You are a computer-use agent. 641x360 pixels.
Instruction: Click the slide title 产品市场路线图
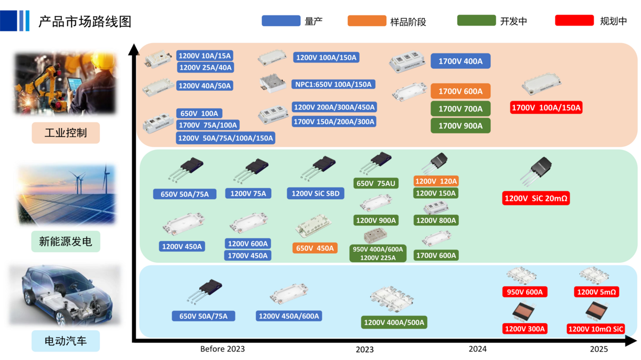tap(85, 21)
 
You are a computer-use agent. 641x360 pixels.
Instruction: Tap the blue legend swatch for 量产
tap(281, 21)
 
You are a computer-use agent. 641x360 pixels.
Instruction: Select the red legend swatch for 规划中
tap(574, 21)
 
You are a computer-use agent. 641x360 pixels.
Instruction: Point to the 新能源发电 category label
tap(66, 241)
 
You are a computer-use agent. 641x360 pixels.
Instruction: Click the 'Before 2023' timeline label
tap(222, 349)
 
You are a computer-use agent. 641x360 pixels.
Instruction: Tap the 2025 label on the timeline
tap(599, 349)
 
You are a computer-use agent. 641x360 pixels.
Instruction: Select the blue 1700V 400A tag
tap(460, 61)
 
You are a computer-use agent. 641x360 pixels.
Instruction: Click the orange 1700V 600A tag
tap(460, 91)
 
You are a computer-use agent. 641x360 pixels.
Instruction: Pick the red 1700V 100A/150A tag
tap(546, 108)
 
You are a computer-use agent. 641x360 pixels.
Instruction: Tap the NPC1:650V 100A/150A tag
tap(334, 84)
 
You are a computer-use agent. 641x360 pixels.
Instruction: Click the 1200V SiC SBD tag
tap(315, 193)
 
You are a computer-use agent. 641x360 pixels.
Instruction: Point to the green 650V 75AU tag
tap(376, 183)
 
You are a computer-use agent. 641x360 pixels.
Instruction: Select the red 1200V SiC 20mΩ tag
tap(536, 199)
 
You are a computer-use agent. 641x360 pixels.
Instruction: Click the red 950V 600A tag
tap(525, 292)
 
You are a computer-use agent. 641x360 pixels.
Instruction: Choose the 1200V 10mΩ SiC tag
tap(596, 329)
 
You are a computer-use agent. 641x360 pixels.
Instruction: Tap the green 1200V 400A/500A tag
tap(394, 323)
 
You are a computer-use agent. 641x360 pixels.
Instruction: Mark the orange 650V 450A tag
tap(315, 248)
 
